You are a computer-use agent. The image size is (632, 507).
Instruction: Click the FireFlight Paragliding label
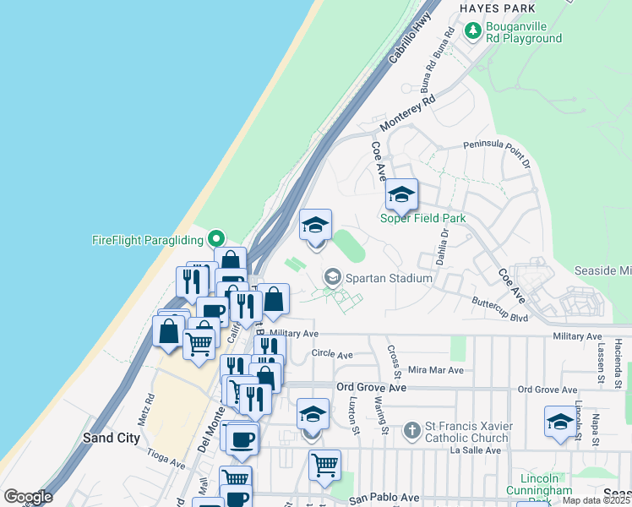pos(149,239)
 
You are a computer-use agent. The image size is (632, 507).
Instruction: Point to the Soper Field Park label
pos(423,218)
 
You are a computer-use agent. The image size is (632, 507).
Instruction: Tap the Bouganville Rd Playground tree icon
pos(473,32)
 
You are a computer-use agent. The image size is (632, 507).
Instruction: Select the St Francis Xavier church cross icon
pos(412,431)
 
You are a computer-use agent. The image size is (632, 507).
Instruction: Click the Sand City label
pos(112,438)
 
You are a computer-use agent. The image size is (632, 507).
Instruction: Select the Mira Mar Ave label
pos(436,370)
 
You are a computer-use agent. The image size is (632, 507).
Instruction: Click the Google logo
pos(28,496)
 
